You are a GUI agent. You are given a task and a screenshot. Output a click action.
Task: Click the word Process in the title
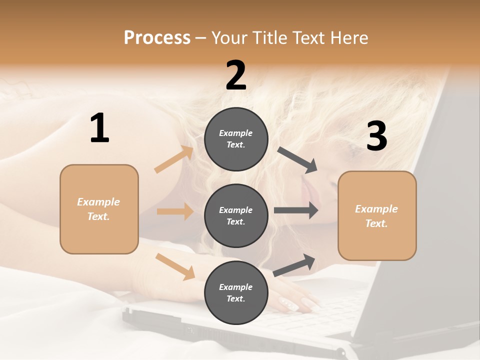[x=157, y=38]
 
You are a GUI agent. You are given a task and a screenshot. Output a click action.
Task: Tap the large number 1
[x=99, y=128]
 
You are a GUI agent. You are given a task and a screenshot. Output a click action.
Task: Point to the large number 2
[x=236, y=75]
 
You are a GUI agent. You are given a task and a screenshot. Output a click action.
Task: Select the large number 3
[x=376, y=136]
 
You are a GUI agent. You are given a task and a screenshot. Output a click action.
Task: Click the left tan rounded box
[x=99, y=209]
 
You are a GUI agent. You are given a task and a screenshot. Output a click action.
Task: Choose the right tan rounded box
[x=377, y=215]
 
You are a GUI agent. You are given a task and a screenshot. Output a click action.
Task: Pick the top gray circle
[x=236, y=139]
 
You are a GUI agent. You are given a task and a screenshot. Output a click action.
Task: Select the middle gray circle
[x=236, y=215]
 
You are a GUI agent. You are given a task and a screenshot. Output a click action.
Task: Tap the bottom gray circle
[x=236, y=292]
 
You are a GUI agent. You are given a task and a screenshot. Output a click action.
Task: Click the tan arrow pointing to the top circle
[x=174, y=159]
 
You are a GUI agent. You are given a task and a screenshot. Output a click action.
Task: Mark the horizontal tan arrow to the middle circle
[x=175, y=211]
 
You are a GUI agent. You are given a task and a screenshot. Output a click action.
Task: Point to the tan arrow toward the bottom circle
[x=175, y=266]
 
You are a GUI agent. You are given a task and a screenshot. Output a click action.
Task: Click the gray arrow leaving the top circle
[x=297, y=160]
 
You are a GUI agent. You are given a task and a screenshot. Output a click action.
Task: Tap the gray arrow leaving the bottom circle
[x=294, y=265]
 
